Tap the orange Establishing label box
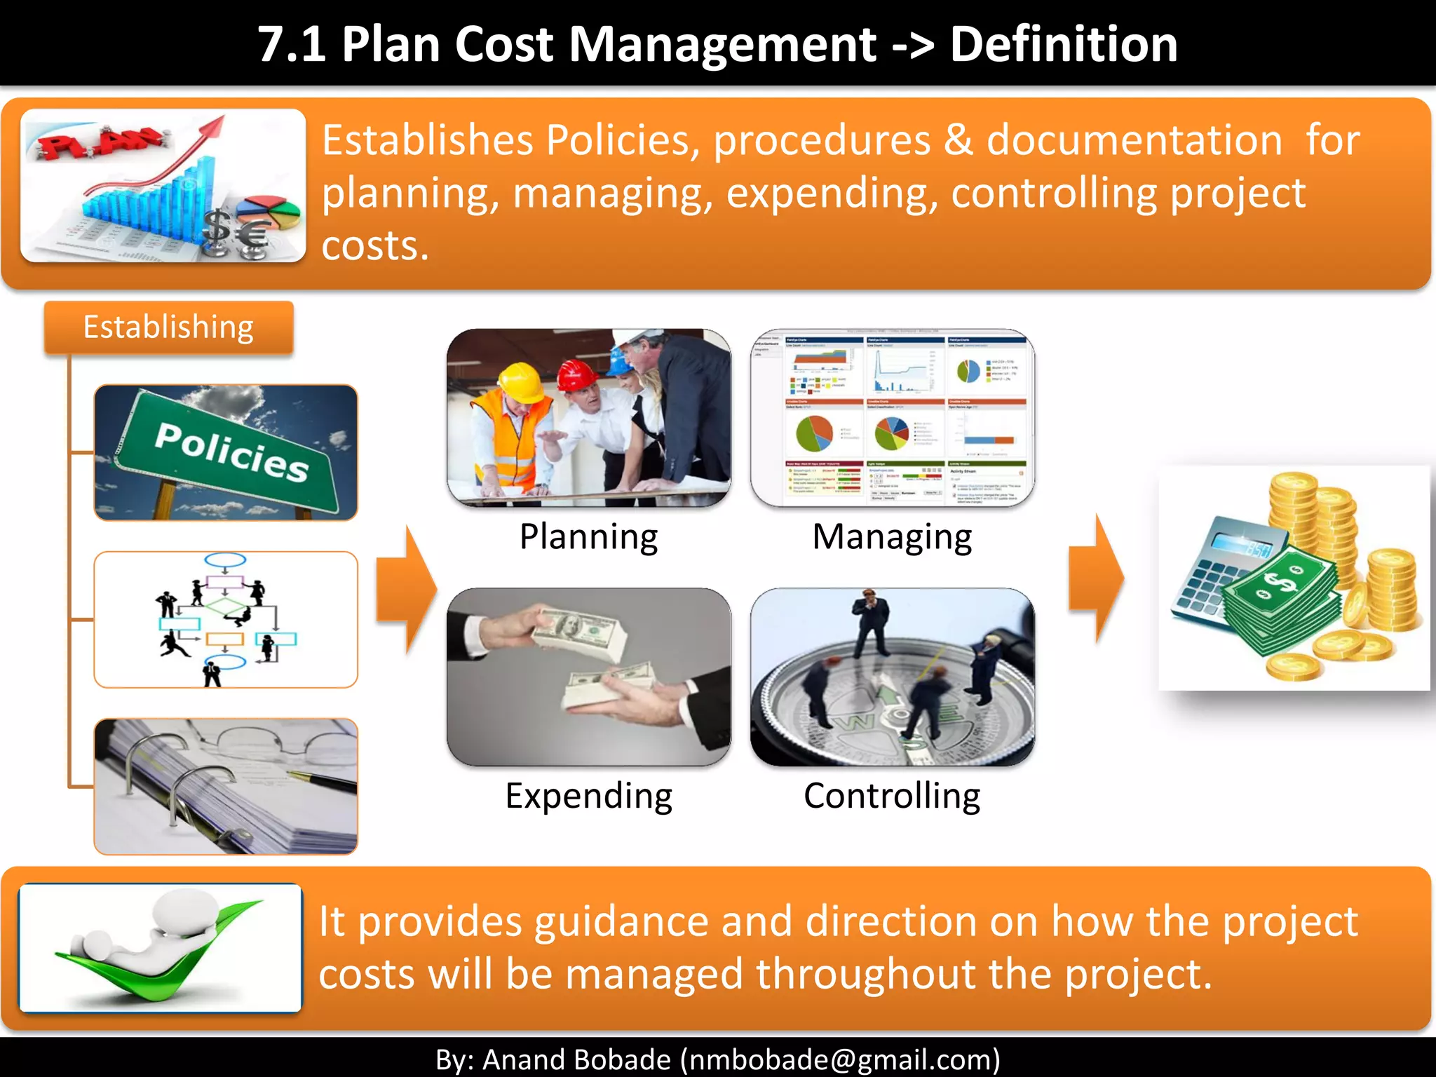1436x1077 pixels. point(168,327)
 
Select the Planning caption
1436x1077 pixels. point(588,537)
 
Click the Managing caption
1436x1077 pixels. point(891,537)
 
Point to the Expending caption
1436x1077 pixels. point(588,796)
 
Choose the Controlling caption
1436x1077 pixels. point(891,796)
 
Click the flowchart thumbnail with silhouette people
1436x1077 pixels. point(226,619)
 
